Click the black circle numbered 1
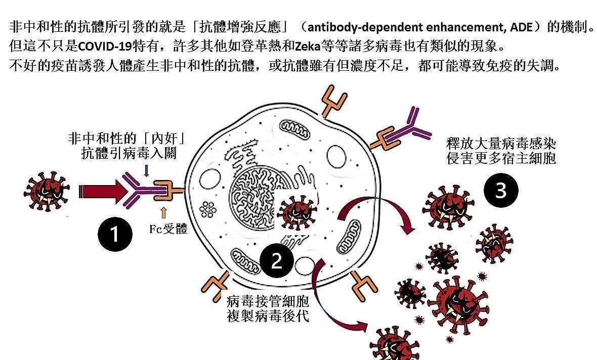[x=115, y=234]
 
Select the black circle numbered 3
[x=500, y=191]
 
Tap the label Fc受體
[x=168, y=230]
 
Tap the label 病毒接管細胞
[x=268, y=302]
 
